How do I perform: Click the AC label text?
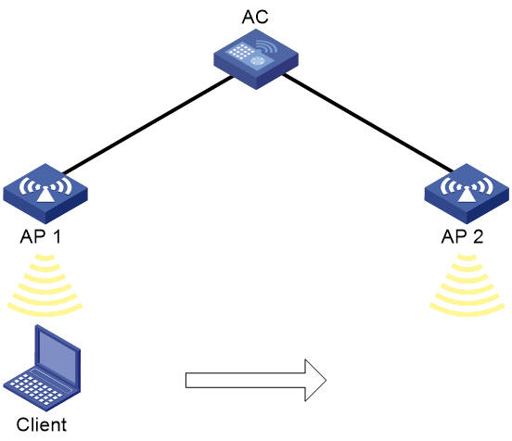255,17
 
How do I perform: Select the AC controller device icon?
256,59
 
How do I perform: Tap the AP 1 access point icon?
45,194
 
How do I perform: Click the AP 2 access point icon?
467,194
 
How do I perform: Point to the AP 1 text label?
41,236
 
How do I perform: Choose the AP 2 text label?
462,236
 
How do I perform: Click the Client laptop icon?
42,368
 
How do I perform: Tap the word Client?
42,424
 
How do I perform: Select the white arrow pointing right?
256,381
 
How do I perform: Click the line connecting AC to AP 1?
147,125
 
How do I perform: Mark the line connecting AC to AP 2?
368,123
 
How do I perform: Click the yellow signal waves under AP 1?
45,285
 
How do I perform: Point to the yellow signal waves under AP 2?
467,285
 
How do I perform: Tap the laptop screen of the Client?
58,354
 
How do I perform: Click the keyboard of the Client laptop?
36,389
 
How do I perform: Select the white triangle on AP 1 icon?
45,195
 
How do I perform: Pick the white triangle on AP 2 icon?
466,195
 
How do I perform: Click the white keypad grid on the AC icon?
241,51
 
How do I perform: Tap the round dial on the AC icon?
258,60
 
